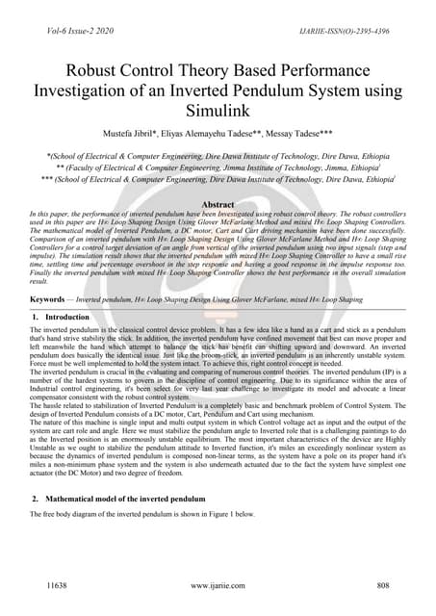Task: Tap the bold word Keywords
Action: tap(51, 300)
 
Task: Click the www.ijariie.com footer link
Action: tap(218, 585)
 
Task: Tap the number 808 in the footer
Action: tap(382, 585)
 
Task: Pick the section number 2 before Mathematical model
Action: tap(35, 500)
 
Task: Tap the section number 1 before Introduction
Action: tap(35, 317)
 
